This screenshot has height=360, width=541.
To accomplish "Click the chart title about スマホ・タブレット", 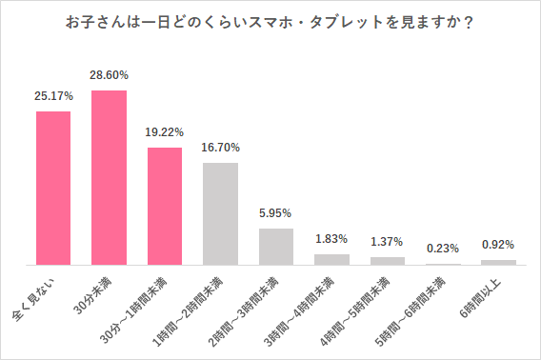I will pyautogui.click(x=270, y=22).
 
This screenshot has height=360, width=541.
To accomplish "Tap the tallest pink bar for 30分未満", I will pyautogui.click(x=109, y=177).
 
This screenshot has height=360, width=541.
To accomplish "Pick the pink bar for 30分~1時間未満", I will pyautogui.click(x=165, y=206).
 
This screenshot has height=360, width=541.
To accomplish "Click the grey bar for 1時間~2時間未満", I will pyautogui.click(x=221, y=213).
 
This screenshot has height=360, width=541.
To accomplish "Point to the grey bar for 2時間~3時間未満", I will pyautogui.click(x=276, y=246).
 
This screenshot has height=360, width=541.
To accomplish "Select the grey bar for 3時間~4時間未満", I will pyautogui.click(x=332, y=259).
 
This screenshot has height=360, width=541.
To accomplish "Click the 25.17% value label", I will pyautogui.click(x=53, y=96).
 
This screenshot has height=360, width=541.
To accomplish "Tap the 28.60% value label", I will pyautogui.click(x=109, y=75).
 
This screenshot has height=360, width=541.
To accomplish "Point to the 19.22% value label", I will pyautogui.click(x=165, y=132).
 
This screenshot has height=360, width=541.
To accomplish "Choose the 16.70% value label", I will pyautogui.click(x=221, y=148).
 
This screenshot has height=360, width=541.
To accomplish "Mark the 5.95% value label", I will pyautogui.click(x=276, y=213).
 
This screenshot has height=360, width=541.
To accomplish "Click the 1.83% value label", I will pyautogui.click(x=332, y=238).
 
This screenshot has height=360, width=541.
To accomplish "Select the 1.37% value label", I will pyautogui.click(x=388, y=242).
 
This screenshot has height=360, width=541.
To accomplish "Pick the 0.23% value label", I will pyautogui.click(x=444, y=249).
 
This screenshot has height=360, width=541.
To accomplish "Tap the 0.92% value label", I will pyautogui.click(x=499, y=245).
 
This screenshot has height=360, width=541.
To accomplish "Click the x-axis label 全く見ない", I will pyautogui.click(x=36, y=293).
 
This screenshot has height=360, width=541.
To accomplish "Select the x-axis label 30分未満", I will pyautogui.click(x=92, y=293).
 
